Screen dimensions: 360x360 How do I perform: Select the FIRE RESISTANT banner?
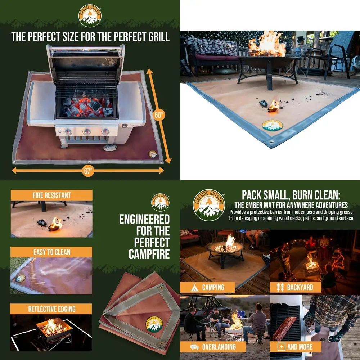pyautogui.click(x=51, y=195)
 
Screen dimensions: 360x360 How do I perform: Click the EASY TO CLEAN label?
pyautogui.click(x=51, y=252)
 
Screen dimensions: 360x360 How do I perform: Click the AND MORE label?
pyautogui.click(x=300, y=347)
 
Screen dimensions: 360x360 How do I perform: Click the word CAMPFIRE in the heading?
pyautogui.click(x=149, y=254)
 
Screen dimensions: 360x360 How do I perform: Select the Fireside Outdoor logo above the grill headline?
pyautogui.click(x=90, y=15)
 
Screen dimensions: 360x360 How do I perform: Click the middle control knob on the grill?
pyautogui.click(x=87, y=132)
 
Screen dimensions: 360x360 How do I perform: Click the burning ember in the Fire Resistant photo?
pyautogui.click(x=55, y=224)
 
